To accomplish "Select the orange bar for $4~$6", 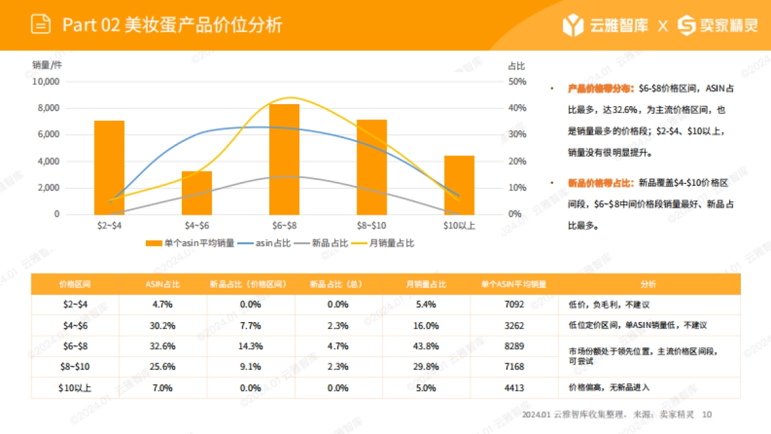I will pos(197,193).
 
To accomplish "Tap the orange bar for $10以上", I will pos(459,185).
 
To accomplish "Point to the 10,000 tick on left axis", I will pos(46,82).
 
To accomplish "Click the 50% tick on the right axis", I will pos(517,82).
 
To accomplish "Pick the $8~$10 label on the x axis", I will pos(371,226).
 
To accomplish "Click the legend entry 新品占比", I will pos(329,244).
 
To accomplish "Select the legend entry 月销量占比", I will pos(391,244).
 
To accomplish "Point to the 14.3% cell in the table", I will pos(251,346).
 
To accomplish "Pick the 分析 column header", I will pos(649,284).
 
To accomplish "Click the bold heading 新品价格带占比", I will pos(601,183).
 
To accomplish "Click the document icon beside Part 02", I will pos(41,25).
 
